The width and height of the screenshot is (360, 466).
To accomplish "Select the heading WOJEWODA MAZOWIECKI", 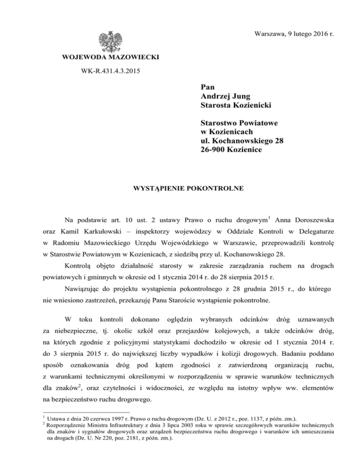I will click(111, 59).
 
